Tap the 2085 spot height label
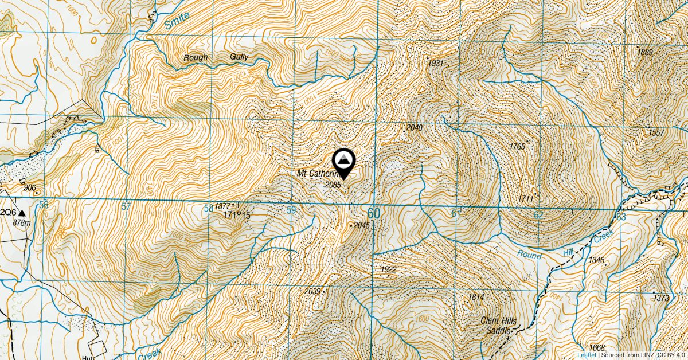[333, 185]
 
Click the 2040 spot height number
[414, 127]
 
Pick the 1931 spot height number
[436, 62]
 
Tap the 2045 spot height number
[362, 225]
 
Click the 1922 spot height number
[389, 269]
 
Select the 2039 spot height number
[312, 292]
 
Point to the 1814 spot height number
[476, 297]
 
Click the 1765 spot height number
[517, 147]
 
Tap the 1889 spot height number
[645, 52]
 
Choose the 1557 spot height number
[656, 133]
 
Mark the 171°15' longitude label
[238, 216]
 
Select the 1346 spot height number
[596, 260]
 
